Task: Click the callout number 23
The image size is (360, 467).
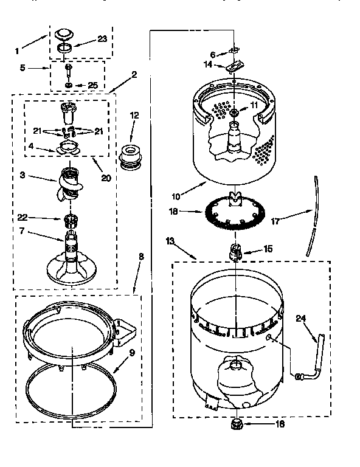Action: [x=102, y=40]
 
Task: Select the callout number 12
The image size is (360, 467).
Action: [x=134, y=114]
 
